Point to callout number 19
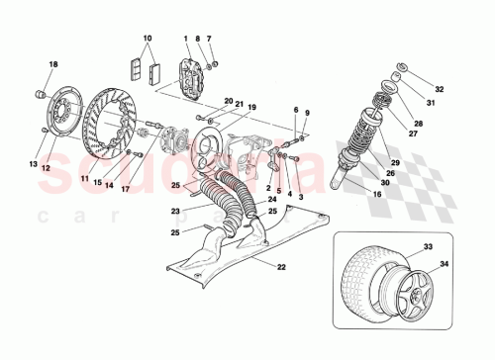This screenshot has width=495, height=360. click(252, 108)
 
